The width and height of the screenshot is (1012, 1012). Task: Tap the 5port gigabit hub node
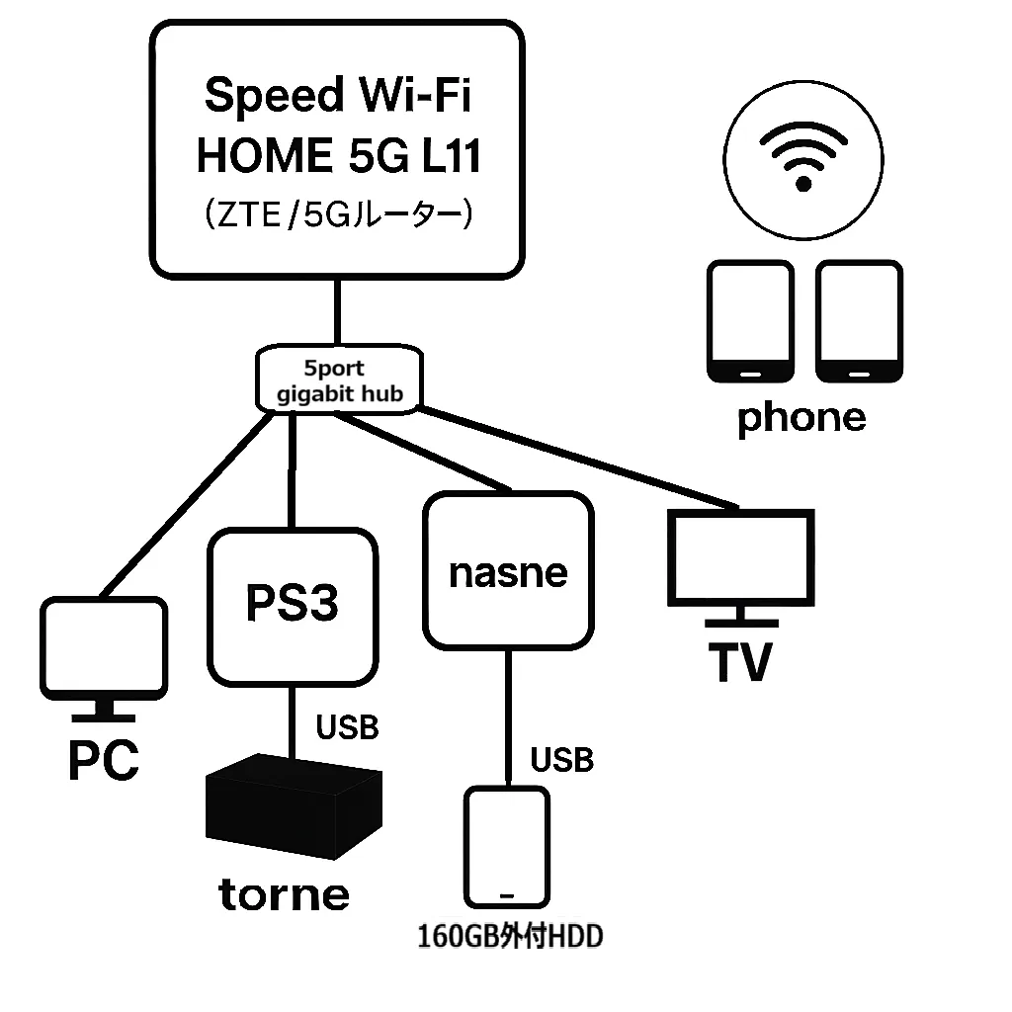(x=334, y=380)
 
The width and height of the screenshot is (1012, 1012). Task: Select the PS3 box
(x=293, y=606)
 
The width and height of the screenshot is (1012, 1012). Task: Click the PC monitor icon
(x=103, y=647)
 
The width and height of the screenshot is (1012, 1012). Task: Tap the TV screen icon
(x=740, y=558)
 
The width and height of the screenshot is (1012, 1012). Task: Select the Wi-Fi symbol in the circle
(x=803, y=158)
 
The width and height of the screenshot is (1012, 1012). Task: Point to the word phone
(x=801, y=418)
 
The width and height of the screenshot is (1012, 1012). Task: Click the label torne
(x=284, y=895)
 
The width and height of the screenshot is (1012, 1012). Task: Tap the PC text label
(x=103, y=761)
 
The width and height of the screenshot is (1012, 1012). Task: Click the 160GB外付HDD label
(x=510, y=936)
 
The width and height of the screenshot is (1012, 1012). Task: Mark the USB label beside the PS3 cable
(x=347, y=728)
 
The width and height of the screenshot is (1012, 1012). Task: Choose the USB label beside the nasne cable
(x=562, y=760)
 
